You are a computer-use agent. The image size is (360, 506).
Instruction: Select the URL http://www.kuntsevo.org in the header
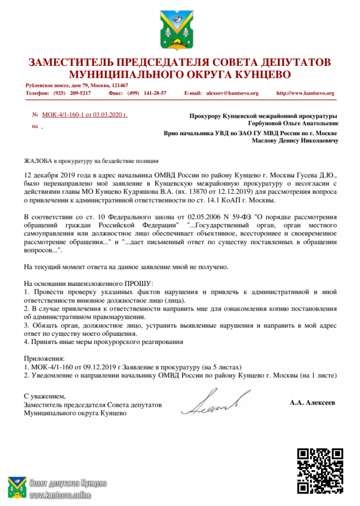[305, 93]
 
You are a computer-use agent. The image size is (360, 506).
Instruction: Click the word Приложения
[44, 358]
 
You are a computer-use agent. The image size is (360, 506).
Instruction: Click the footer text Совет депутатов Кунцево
[68, 483]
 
